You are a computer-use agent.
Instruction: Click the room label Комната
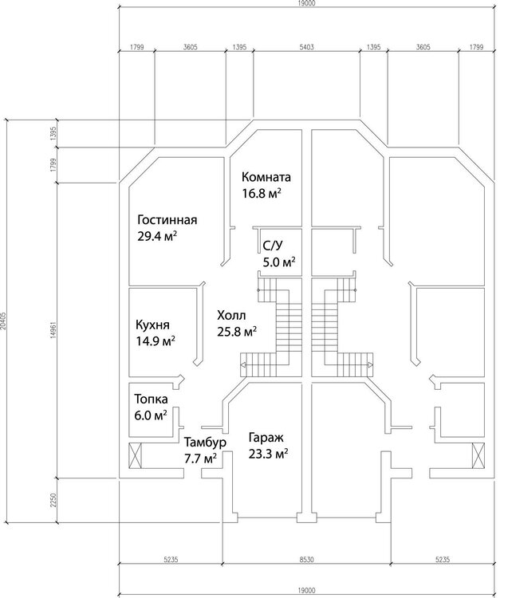(x=266, y=177)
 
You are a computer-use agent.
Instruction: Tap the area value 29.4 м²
(x=157, y=236)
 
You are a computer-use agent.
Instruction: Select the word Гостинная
(x=167, y=220)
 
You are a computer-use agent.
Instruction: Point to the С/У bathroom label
(x=273, y=246)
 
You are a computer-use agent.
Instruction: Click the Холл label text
(x=231, y=316)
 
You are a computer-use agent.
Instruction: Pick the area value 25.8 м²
(x=237, y=332)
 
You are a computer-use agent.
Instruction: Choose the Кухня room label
(x=152, y=325)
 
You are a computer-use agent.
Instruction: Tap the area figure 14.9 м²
(x=156, y=340)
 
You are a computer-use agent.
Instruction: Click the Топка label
(x=151, y=399)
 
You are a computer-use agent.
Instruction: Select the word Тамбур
(x=205, y=443)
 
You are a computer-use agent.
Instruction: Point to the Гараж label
(x=266, y=438)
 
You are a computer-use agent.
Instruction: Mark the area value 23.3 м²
(x=268, y=454)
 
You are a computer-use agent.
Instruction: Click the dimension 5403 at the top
(x=307, y=47)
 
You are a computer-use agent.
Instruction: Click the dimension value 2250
(x=53, y=500)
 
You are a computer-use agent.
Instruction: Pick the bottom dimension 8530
(x=306, y=560)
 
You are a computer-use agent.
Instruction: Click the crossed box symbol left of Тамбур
(x=136, y=455)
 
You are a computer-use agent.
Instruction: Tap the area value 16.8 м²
(x=262, y=194)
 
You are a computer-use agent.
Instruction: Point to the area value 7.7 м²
(x=201, y=458)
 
